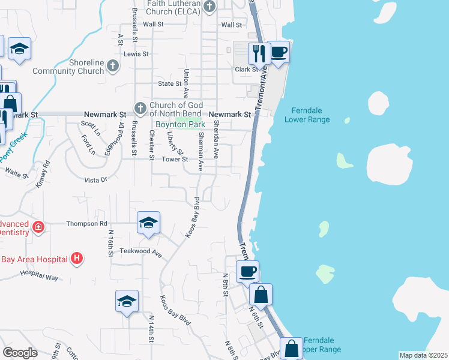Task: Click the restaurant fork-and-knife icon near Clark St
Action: pos(259,53)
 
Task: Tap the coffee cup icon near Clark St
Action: pos(278,53)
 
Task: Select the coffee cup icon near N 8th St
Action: pos(247,272)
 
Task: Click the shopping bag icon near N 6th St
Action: pos(261,295)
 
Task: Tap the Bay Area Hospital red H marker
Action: pos(77,259)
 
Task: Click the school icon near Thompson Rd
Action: pos(148,223)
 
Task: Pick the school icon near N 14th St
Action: pos(127,301)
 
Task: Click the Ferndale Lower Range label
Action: pos(310,115)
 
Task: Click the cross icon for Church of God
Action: pos(140,109)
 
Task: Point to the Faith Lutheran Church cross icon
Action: pos(209,7)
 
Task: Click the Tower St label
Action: pos(176,160)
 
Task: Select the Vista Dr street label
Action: pos(95,179)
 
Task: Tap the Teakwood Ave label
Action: pos(141,252)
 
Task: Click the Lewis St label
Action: pos(136,54)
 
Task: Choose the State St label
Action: pos(169,83)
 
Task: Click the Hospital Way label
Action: pos(39,275)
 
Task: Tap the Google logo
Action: pos(20,353)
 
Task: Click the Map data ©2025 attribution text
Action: pos(423,355)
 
